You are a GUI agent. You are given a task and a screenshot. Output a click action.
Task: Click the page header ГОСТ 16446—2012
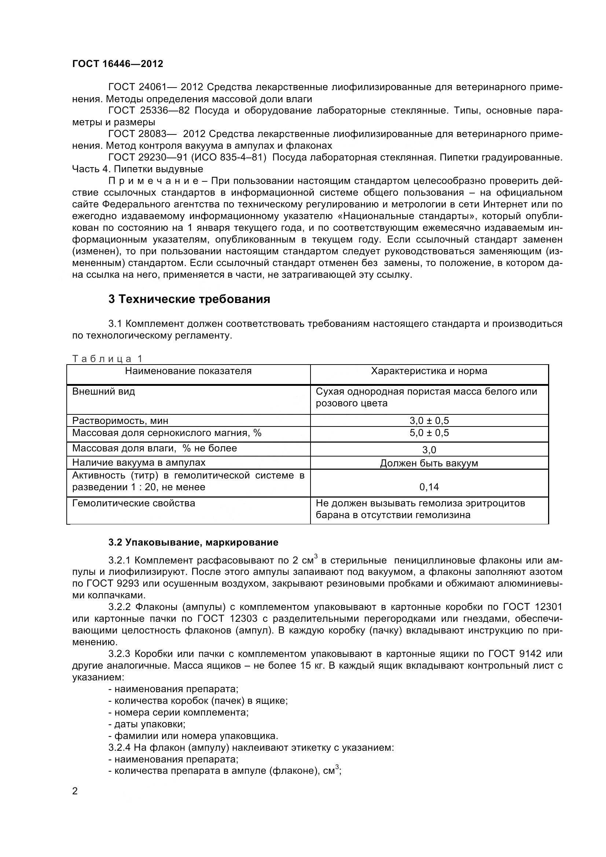tap(118, 64)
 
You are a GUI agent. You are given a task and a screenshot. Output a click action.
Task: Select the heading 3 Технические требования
tap(189, 299)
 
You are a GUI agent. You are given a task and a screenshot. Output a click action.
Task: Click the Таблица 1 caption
tap(107, 359)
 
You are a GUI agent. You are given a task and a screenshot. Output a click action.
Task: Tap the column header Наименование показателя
tap(188, 371)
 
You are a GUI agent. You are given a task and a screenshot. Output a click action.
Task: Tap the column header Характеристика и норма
tap(429, 371)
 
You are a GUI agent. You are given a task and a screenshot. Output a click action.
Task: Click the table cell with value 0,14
tap(429, 487)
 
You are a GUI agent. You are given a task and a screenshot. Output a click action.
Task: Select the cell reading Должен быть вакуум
tap(429, 463)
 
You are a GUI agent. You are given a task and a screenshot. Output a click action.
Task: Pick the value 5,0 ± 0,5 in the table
tap(429, 433)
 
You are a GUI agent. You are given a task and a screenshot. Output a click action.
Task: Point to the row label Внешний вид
tap(103, 392)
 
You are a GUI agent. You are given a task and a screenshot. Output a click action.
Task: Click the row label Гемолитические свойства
tap(133, 503)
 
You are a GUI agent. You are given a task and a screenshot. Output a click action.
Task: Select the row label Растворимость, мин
tap(120, 421)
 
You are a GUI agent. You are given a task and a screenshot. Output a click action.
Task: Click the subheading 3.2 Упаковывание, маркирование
tap(194, 542)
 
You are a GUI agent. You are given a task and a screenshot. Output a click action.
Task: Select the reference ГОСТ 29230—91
tap(148, 158)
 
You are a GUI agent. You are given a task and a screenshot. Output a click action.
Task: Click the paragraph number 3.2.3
tap(120, 654)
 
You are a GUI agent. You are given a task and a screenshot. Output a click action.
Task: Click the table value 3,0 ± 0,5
tap(429, 421)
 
